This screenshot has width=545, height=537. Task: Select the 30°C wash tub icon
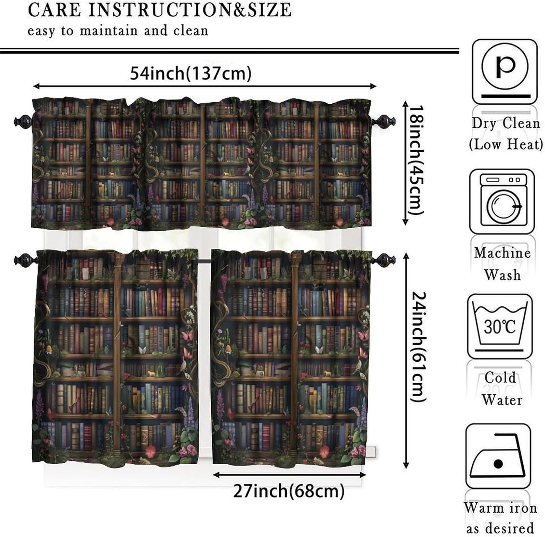click(x=500, y=326)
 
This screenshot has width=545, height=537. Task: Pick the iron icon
click(x=498, y=457)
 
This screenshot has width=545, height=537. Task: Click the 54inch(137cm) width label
click(x=191, y=74)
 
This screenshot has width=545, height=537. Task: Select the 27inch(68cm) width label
click(x=288, y=491)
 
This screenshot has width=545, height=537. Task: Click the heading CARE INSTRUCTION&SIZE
click(x=160, y=10)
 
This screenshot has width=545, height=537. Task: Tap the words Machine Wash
click(x=502, y=264)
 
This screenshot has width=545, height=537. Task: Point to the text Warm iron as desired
click(x=501, y=517)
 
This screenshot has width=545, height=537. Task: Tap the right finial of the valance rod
click(x=384, y=120)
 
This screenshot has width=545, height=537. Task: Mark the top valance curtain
click(x=202, y=164)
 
